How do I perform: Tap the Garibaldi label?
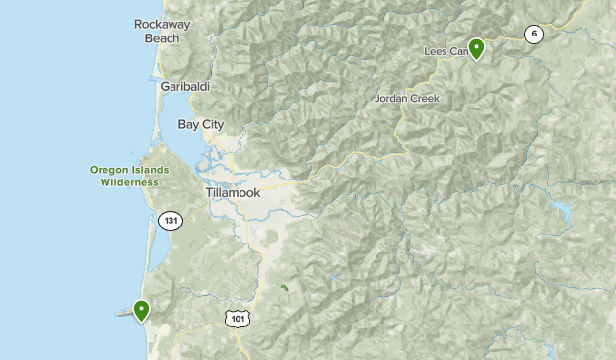pyautogui.click(x=184, y=87)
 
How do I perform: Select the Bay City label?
pyautogui.click(x=201, y=124)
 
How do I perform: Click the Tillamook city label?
pyautogui.click(x=234, y=192)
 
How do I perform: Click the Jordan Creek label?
pyautogui.click(x=406, y=99)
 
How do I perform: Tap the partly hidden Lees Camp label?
pyautogui.click(x=445, y=51)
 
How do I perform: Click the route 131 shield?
pyautogui.click(x=172, y=221)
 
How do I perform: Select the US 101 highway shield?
pyautogui.click(x=238, y=318)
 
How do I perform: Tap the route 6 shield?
pyautogui.click(x=534, y=35)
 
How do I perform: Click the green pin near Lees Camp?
pyautogui.click(x=476, y=47)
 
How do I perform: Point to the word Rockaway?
pyautogui.click(x=163, y=24)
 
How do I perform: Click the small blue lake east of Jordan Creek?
pyautogui.click(x=565, y=210)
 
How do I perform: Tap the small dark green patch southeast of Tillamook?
pyautogui.click(x=284, y=288)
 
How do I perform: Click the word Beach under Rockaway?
pyautogui.click(x=163, y=38)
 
